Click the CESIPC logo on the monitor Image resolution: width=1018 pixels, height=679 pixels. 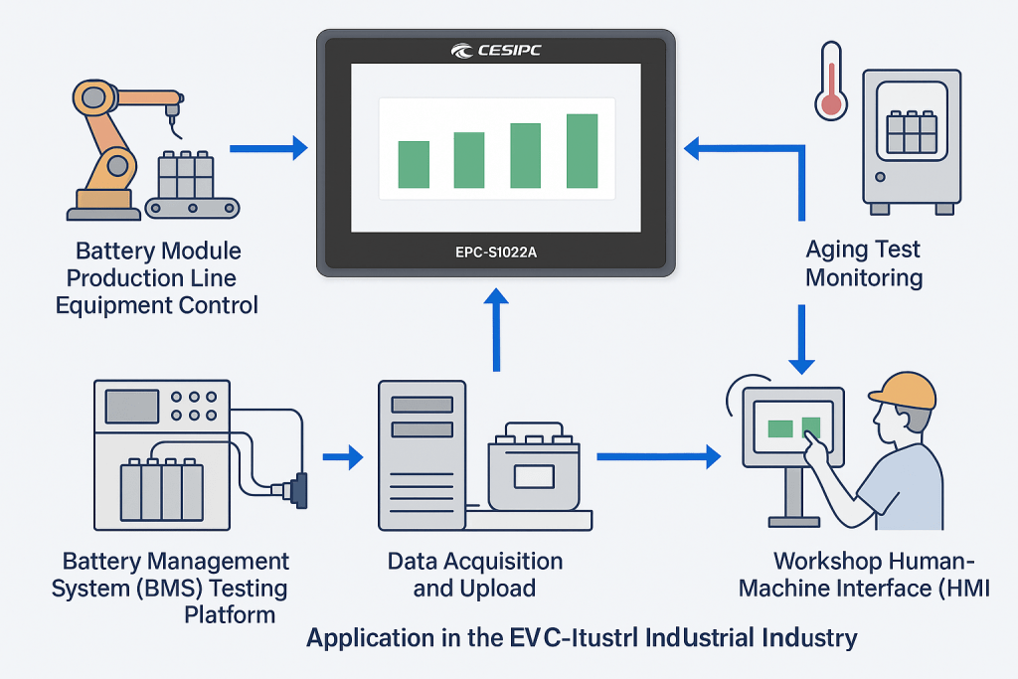[495, 51]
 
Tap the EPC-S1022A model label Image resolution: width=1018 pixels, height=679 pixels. [495, 252]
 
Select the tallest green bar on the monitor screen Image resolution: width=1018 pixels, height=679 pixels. [582, 150]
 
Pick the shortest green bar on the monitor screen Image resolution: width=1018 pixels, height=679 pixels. [414, 164]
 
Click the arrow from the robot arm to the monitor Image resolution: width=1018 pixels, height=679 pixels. [267, 149]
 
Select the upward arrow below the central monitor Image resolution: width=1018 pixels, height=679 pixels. [494, 328]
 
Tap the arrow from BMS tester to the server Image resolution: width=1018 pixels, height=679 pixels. [344, 457]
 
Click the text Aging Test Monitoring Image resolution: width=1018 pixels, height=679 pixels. [863, 262]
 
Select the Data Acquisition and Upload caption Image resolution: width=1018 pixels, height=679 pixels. [474, 575]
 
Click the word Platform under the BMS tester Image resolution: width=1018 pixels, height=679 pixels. [230, 614]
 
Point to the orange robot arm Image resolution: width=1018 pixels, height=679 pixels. [114, 139]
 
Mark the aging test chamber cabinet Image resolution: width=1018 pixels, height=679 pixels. [911, 140]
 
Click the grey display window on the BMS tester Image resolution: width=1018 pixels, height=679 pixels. [132, 406]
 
